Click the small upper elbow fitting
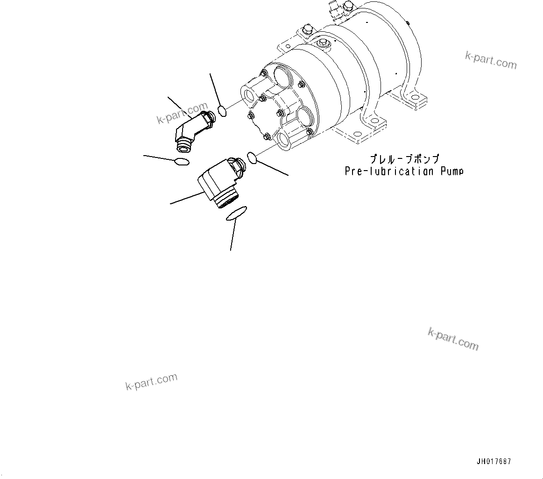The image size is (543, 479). pos(191,130)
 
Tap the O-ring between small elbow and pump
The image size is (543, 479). pos(223,111)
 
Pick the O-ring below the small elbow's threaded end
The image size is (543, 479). pos(181,162)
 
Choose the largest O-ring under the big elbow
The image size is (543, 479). pos(236,214)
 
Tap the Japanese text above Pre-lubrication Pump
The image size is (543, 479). pos(404,160)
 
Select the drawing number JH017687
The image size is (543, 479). pos(494,462)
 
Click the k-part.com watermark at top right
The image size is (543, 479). pos(491,60)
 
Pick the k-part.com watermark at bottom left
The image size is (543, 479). pos(151,382)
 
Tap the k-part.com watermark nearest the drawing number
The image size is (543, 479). pos(453,339)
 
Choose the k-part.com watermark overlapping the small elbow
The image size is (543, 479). pos(182,114)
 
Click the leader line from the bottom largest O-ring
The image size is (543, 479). pos(232,236)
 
